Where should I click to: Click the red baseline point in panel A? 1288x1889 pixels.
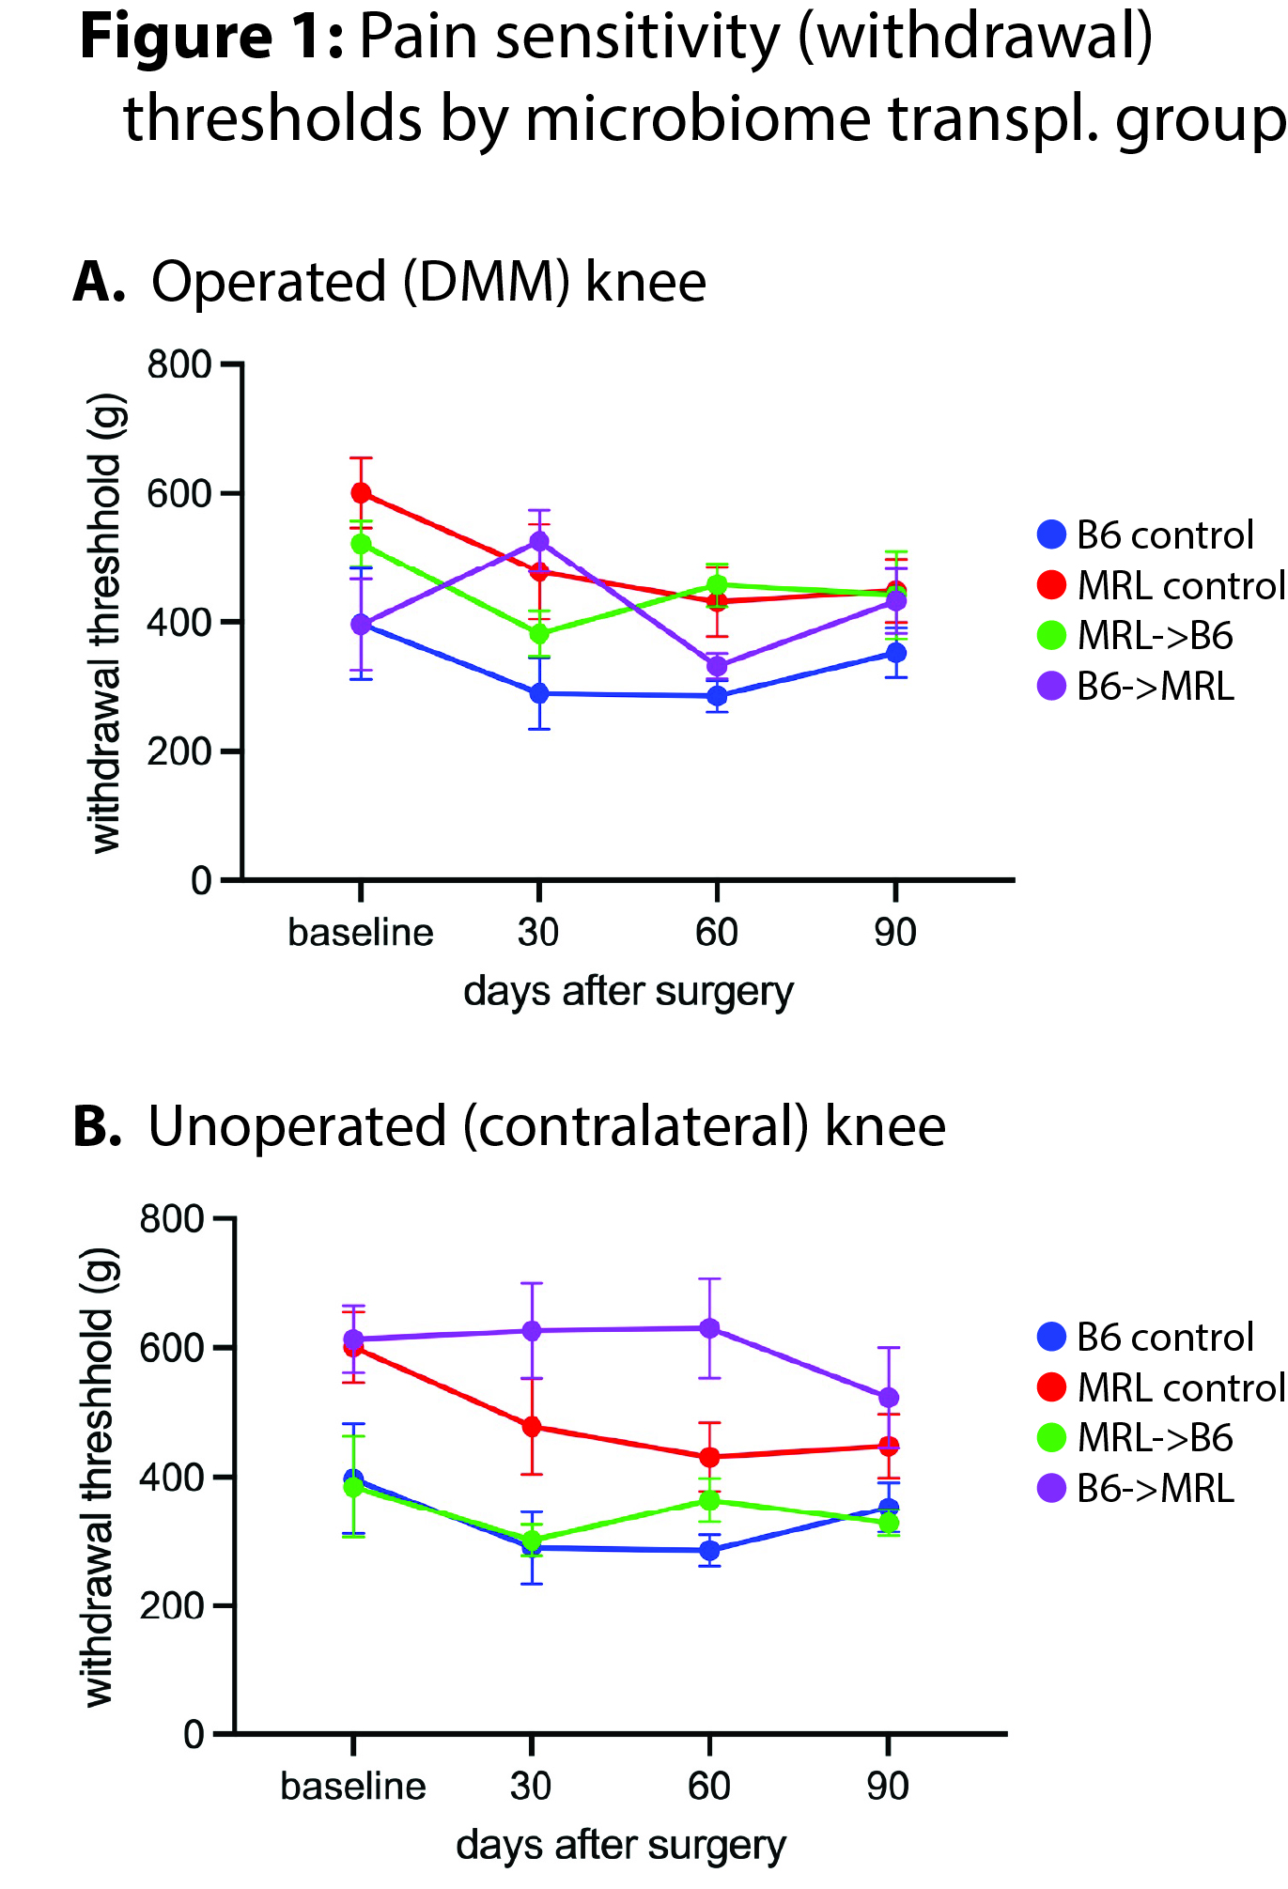361,493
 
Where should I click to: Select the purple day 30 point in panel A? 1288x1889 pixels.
539,541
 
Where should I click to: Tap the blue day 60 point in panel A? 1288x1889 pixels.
717,696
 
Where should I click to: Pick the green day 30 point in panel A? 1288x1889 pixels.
539,633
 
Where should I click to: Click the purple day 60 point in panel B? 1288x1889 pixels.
709,1328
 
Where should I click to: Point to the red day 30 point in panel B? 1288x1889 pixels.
532,1427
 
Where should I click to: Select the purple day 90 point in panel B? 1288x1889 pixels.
888,1398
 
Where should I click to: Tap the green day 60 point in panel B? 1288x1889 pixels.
709,1500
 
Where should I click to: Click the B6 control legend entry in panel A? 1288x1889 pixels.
1146,535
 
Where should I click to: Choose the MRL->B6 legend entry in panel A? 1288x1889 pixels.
1137,636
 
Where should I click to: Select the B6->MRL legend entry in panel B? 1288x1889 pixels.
1137,1489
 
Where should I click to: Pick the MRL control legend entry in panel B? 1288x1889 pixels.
1161,1387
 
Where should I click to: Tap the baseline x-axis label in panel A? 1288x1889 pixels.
361,933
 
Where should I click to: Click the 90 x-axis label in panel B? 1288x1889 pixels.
888,1787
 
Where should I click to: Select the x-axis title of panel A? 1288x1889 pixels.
628,992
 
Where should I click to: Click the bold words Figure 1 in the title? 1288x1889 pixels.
210,39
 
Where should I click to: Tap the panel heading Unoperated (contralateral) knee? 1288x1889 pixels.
547,1127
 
